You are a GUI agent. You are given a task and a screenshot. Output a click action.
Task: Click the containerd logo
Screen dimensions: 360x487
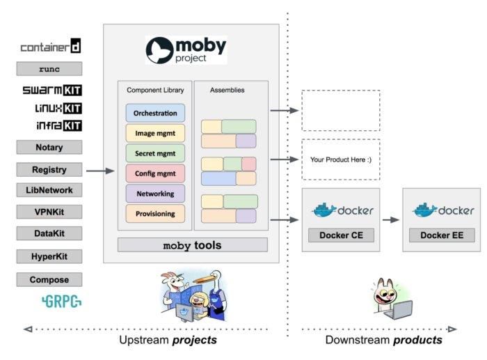50,47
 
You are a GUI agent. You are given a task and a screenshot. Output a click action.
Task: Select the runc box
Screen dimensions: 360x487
49,69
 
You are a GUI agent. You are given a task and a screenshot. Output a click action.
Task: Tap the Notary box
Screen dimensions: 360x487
49,147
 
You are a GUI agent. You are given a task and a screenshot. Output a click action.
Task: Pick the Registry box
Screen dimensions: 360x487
49,169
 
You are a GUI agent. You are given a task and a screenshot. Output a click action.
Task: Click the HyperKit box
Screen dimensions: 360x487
49,256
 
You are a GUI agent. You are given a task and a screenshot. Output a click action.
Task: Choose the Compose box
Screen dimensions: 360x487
49,279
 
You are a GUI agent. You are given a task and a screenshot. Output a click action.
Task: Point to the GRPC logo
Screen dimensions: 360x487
61,302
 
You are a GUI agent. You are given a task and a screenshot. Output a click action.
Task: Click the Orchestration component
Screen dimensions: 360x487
155,113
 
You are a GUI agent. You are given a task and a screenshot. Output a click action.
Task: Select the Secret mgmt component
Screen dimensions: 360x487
155,153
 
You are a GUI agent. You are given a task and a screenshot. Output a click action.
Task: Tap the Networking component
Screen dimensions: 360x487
155,193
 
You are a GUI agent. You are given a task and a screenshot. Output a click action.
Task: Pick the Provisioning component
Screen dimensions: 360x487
155,213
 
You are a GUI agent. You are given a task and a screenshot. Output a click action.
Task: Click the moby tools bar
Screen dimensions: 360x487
192,245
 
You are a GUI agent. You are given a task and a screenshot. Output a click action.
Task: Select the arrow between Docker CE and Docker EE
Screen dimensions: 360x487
391,219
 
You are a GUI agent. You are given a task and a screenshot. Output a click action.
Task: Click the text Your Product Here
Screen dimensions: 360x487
341,159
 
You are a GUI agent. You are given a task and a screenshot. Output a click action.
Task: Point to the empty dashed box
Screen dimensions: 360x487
341,110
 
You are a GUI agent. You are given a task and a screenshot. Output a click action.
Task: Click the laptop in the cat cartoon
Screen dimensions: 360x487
399,312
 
